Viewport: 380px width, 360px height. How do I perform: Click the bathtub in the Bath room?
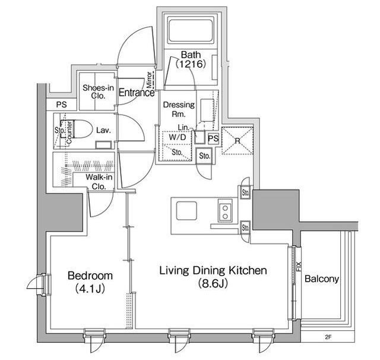[x=191, y=30]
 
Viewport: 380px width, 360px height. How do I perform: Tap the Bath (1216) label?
[x=191, y=59]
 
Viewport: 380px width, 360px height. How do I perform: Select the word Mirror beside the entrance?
[x=150, y=80]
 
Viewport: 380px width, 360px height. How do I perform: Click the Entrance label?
[x=137, y=92]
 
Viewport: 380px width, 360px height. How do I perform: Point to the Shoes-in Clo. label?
[x=98, y=91]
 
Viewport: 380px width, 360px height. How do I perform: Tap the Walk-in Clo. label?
[x=99, y=182]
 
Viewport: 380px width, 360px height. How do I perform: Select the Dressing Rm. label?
[x=179, y=109]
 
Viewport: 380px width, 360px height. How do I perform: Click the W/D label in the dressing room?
[x=178, y=137]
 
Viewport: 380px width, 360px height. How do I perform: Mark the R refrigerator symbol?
[x=237, y=141]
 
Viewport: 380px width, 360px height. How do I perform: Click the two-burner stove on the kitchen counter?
[x=225, y=212]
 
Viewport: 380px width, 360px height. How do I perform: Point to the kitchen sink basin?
[x=186, y=211]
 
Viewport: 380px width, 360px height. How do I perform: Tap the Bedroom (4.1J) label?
[x=90, y=282]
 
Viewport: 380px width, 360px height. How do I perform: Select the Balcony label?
[x=322, y=279]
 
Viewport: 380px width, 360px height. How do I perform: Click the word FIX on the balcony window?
[x=299, y=266]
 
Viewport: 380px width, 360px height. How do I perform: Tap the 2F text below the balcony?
[x=328, y=337]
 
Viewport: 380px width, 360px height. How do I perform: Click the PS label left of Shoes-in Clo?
[x=62, y=105]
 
